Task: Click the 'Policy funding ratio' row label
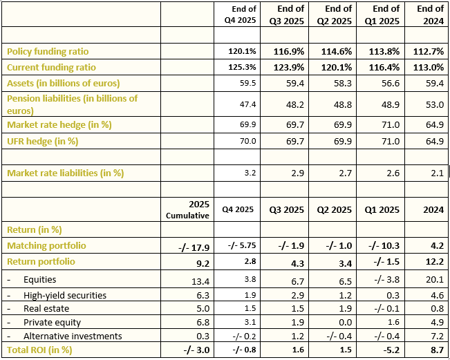click(48, 52)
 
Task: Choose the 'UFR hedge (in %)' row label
click(42, 141)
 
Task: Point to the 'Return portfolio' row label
click(41, 262)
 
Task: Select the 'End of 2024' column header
click(431, 15)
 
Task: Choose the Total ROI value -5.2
click(388, 350)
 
